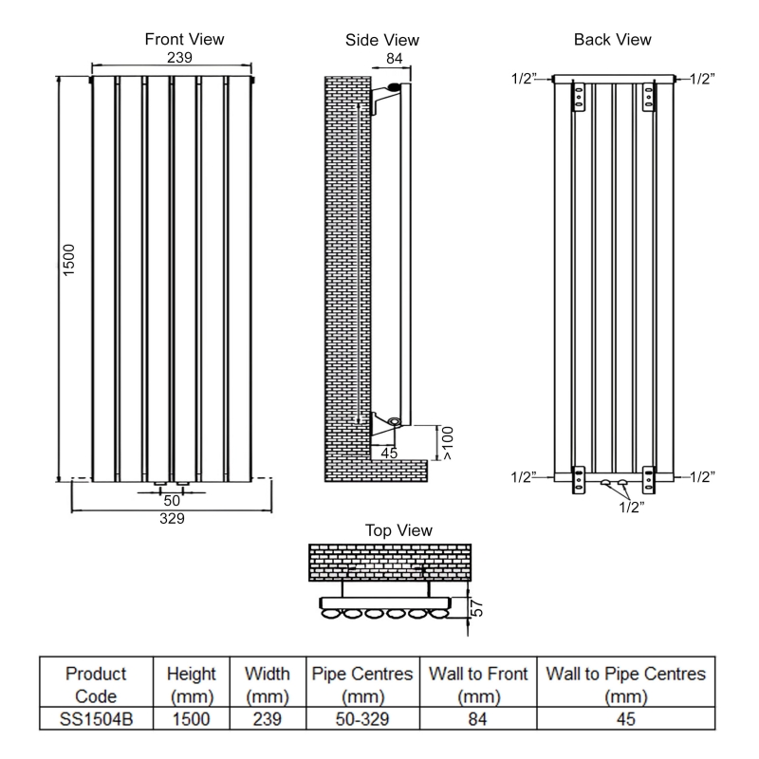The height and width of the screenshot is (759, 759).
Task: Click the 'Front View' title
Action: (184, 40)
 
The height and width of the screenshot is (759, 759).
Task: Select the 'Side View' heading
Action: (382, 41)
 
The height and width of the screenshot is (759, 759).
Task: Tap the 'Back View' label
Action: (612, 40)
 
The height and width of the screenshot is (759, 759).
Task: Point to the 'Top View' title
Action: (398, 530)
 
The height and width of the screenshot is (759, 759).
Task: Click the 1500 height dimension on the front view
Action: (68, 262)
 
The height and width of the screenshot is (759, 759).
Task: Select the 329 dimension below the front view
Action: (172, 519)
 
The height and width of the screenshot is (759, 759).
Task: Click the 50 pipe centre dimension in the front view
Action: (172, 500)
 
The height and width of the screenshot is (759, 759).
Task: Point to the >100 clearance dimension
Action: (447, 443)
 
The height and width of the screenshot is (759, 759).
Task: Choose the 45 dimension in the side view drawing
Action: (389, 454)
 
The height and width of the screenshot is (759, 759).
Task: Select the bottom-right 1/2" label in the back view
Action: (702, 476)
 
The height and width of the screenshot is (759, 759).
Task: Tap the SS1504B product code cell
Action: (97, 720)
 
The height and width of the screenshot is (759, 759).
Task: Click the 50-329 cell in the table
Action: (363, 720)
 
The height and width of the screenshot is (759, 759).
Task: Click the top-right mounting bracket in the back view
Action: (650, 98)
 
